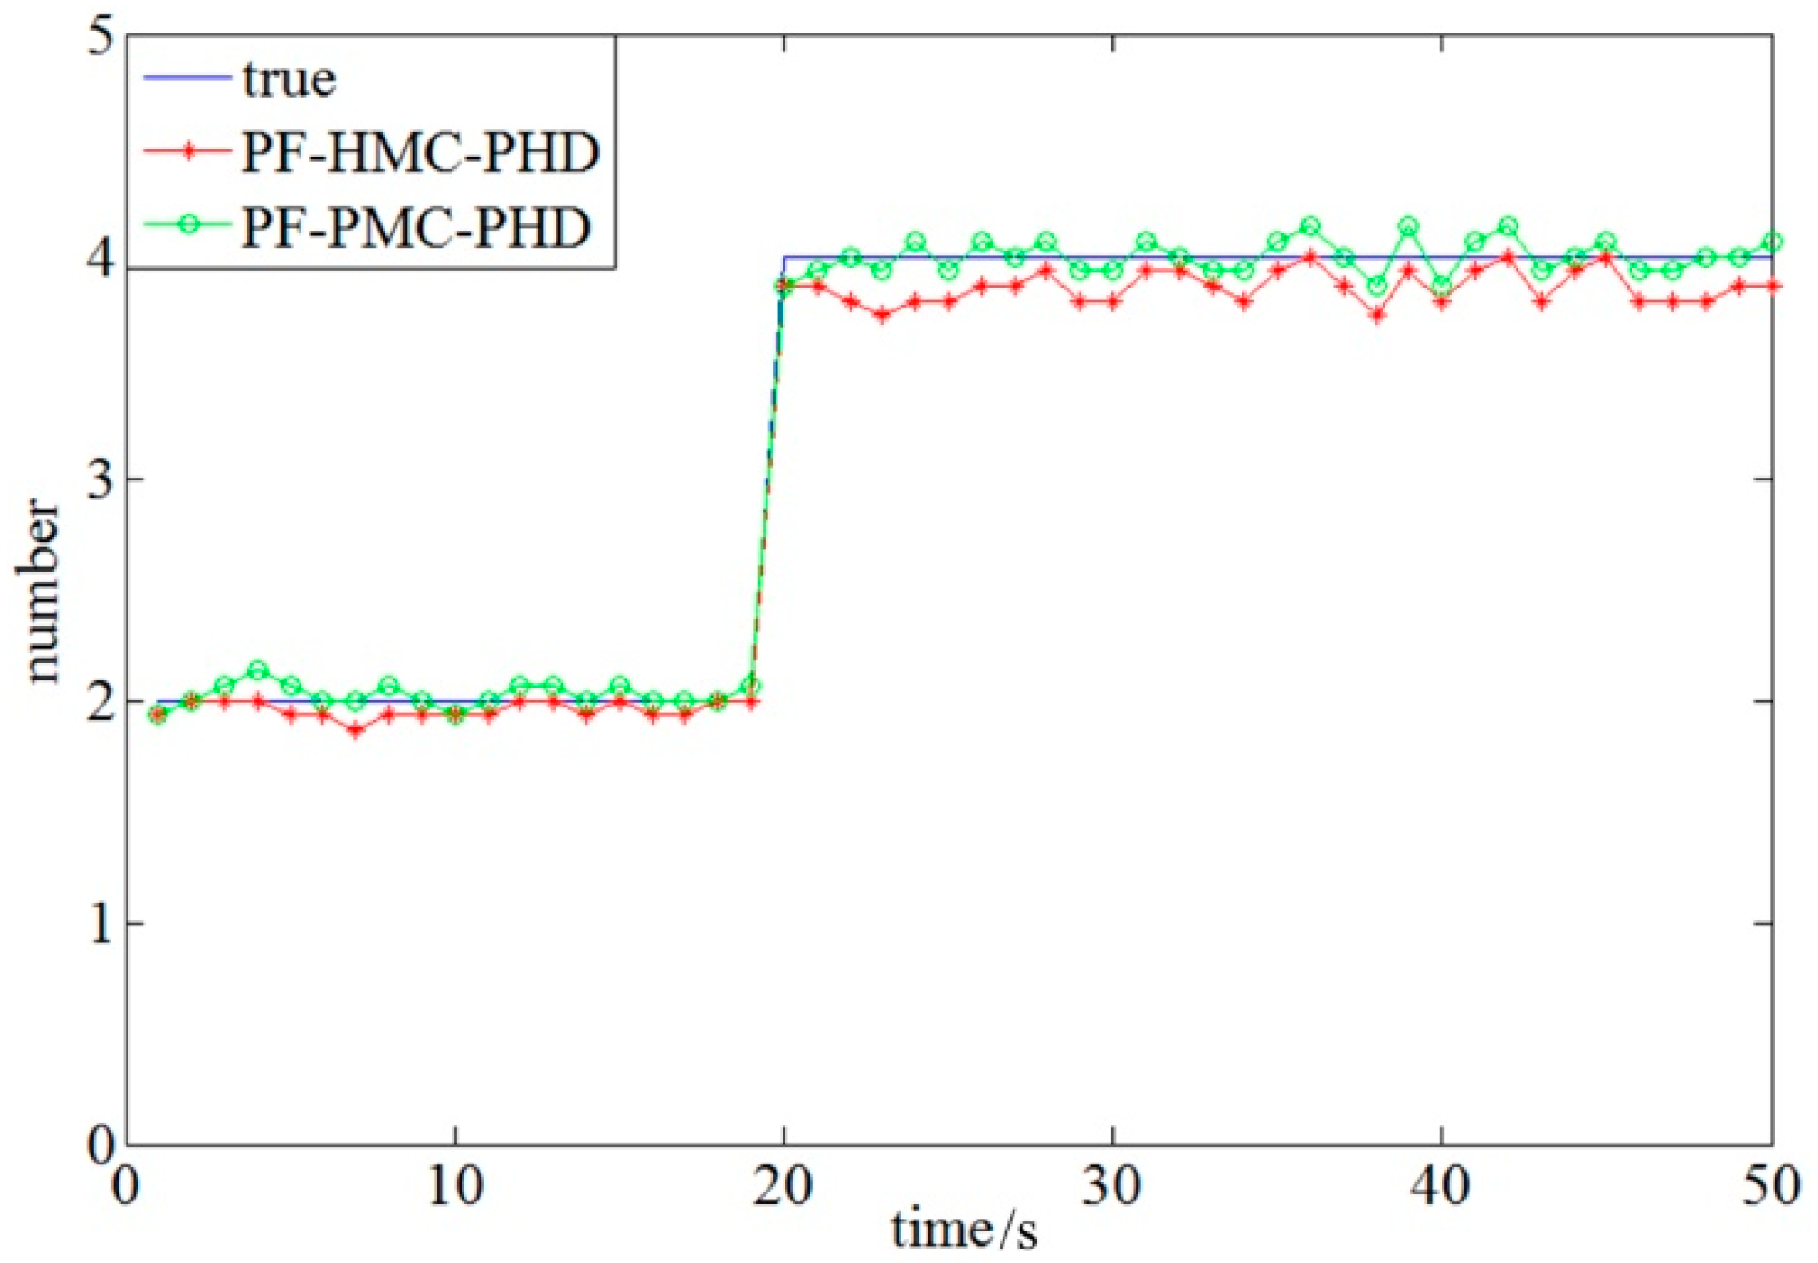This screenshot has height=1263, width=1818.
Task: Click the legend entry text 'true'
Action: coord(289,80)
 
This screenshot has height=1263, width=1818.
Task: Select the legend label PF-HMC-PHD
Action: coord(420,153)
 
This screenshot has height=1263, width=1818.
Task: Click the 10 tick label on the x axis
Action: coord(454,1185)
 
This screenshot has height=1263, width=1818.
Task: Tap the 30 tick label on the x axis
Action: coord(1112,1185)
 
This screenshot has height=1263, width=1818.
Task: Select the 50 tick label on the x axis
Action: coord(1770,1185)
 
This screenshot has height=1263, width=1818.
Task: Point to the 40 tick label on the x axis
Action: coord(1441,1185)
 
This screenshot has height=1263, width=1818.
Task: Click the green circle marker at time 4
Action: coord(258,670)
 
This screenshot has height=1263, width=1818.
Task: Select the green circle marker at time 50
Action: coord(1771,242)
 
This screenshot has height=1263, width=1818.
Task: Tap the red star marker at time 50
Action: coord(1771,286)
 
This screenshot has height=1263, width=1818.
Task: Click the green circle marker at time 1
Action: coord(158,715)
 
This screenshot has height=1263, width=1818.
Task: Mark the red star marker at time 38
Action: coord(1377,315)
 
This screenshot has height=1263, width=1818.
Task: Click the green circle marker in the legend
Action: coord(187,226)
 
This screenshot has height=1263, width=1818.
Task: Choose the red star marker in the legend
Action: coord(187,153)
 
